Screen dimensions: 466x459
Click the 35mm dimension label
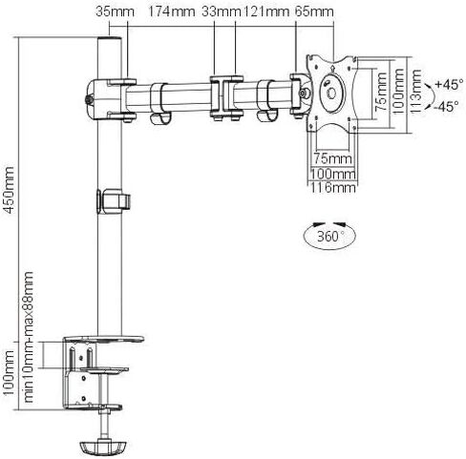click(x=115, y=11)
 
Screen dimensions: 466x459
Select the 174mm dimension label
click(x=172, y=11)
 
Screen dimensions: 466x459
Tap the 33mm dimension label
click(x=221, y=11)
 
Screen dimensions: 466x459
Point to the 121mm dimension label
click(x=266, y=11)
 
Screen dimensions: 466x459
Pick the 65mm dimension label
click(x=314, y=11)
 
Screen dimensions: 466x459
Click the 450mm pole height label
click(x=9, y=190)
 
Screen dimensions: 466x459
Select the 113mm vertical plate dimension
click(x=415, y=92)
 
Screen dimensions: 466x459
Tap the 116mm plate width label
click(x=332, y=188)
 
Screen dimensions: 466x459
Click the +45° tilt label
click(x=449, y=84)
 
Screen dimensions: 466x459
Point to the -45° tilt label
click(x=447, y=106)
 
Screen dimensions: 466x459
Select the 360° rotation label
click(x=330, y=237)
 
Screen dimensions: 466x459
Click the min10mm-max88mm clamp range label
click(x=28, y=337)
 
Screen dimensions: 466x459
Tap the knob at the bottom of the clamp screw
click(x=103, y=447)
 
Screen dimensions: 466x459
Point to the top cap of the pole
click(x=109, y=41)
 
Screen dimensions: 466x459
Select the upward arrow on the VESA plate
click(x=333, y=68)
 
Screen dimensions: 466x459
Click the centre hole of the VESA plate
click(x=331, y=94)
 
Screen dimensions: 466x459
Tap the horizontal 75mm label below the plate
click(x=332, y=158)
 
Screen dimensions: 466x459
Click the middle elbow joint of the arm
click(x=226, y=97)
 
